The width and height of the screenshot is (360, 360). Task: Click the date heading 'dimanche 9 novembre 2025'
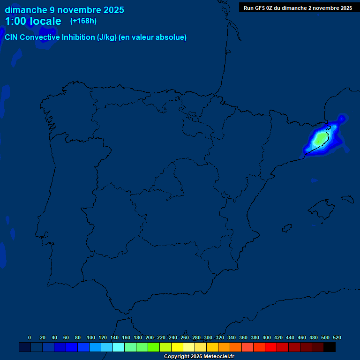64,10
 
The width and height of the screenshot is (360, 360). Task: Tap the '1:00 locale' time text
33,21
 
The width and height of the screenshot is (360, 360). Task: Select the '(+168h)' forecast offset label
83,21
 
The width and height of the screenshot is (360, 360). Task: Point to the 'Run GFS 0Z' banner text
298,8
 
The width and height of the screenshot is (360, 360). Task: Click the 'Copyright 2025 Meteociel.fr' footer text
199,357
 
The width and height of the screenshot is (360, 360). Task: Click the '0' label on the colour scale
30,337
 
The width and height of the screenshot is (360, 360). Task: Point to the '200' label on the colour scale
150,337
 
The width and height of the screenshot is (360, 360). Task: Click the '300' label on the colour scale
208,337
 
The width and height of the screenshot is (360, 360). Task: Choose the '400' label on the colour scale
267,337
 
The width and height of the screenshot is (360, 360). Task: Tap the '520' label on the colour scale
337,337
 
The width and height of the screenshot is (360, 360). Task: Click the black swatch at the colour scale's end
330,347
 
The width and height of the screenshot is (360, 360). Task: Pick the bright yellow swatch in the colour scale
177,347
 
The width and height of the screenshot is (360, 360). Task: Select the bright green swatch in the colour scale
154,347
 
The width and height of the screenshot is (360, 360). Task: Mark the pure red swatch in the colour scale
271,347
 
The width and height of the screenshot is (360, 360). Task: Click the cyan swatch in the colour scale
119,347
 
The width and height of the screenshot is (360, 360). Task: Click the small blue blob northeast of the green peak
342,118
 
